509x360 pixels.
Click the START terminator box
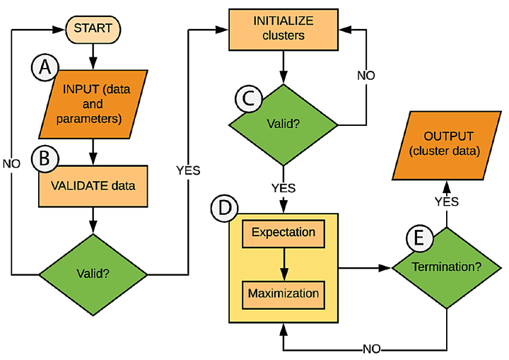click(93, 29)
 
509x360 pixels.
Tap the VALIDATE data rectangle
click(92, 187)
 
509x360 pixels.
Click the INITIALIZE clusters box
click(283, 29)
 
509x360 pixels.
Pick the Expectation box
click(283, 233)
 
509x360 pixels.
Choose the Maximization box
click(283, 293)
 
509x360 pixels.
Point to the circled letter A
click(45, 69)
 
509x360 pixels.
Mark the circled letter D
click(224, 210)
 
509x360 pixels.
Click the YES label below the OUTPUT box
click(446, 202)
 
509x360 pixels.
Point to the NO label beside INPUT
click(12, 162)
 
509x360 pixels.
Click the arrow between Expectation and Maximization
click(283, 262)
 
